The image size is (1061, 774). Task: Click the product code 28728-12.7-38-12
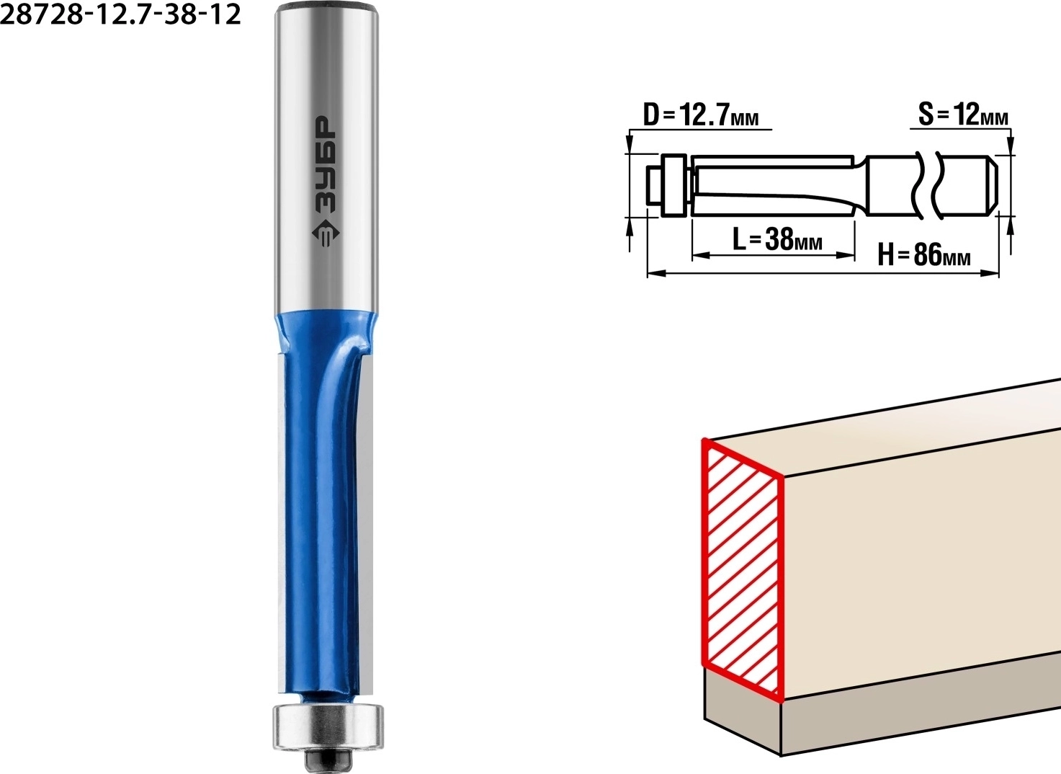[120, 14]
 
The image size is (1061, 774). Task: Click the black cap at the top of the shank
[327, 6]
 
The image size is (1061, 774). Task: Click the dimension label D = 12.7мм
[701, 115]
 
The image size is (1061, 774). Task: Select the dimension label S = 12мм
[963, 115]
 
